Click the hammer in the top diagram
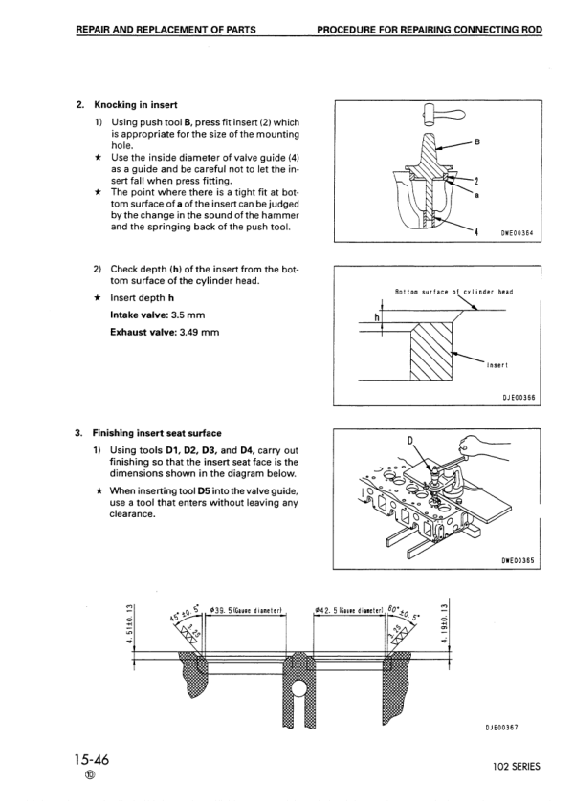point(431,116)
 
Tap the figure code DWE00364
point(517,231)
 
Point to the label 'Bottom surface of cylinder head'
point(454,291)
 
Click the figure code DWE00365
point(517,560)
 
